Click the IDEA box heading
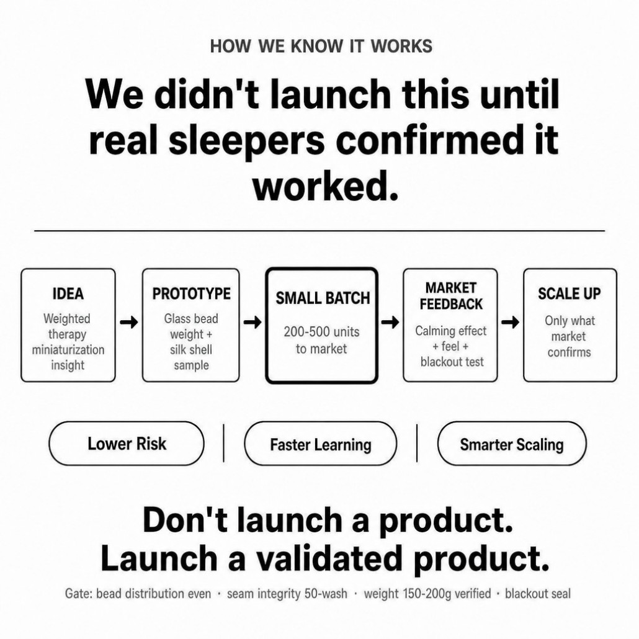point(68,294)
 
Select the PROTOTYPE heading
point(191,294)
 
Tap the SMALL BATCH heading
point(323,298)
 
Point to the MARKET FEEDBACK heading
point(451,296)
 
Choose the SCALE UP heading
point(570,294)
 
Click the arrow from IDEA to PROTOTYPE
point(129,323)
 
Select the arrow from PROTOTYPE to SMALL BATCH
point(252,323)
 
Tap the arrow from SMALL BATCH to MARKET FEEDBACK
point(390,323)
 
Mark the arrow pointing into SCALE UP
point(510,323)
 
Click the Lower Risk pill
point(127,444)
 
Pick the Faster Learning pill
point(320,444)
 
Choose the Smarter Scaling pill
point(512,444)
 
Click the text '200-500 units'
point(321,332)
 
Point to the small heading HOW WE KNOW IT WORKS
point(321,46)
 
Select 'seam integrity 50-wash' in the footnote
point(287,594)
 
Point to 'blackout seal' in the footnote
point(537,593)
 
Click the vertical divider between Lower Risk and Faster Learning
point(224,443)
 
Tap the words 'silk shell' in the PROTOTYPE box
point(191,350)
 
